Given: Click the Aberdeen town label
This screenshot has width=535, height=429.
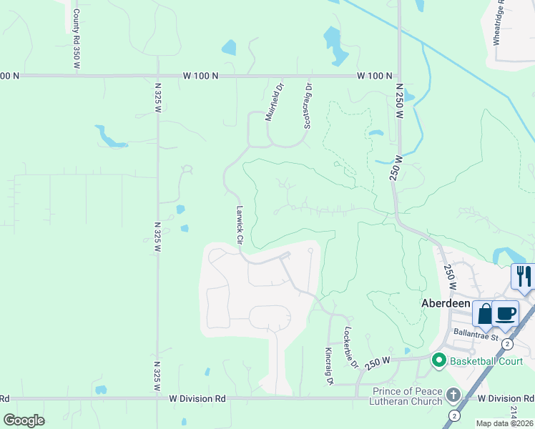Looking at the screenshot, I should pos(443,303).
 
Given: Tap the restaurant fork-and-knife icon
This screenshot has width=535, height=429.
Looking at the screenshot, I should pos(523,276).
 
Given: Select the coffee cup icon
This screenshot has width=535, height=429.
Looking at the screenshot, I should pos(506,313).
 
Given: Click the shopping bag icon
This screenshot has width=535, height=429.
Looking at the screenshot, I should pos(484,313).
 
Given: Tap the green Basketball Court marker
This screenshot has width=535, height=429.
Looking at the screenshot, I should pos(440,360).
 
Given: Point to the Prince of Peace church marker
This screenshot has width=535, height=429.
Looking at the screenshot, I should pos(453,395).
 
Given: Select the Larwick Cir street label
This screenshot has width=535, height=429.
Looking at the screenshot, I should pos(240,226).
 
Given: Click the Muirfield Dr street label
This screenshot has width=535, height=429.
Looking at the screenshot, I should pos(275,104).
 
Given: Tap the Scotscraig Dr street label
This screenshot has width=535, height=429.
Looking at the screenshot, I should pos(308,106).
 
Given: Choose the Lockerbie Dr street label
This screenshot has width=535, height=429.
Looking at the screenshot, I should pos(350,347).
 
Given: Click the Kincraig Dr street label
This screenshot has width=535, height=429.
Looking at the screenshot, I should pos(330,366).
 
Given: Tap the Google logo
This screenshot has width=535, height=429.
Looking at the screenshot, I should pos(24,420).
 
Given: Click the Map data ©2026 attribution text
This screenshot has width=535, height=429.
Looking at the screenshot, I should pos(505,423).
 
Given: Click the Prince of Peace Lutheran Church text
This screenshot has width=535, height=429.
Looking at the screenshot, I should pos(408,396).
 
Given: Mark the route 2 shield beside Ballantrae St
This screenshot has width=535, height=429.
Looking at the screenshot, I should pos(507,344).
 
